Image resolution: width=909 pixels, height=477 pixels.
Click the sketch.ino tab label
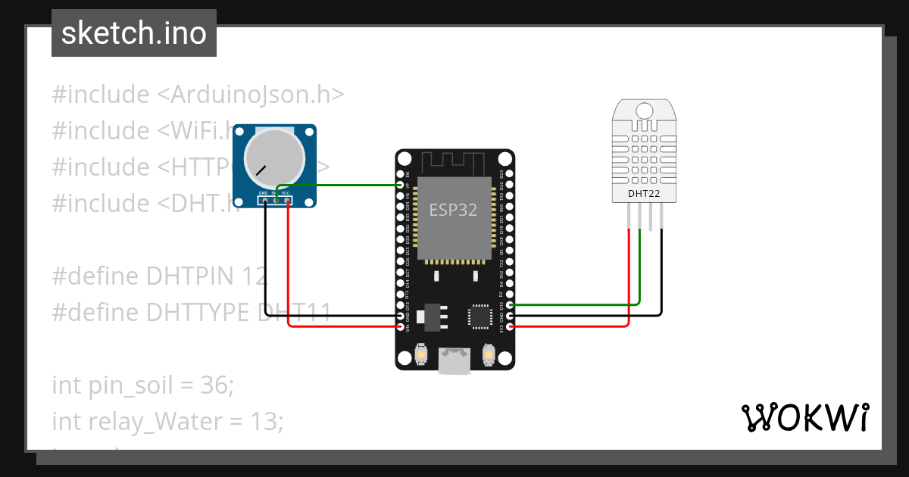[x=134, y=33]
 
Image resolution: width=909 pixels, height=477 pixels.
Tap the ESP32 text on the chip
[x=453, y=210]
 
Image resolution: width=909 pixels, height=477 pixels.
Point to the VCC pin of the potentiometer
[x=286, y=199]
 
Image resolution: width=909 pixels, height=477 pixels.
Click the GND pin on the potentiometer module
[x=264, y=199]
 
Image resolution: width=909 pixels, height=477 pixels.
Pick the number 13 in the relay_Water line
[x=265, y=421]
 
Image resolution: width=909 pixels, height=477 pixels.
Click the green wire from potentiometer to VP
[x=341, y=185]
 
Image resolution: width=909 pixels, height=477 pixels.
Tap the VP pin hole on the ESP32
[x=401, y=185]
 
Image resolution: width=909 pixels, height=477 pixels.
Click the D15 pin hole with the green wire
[x=510, y=304]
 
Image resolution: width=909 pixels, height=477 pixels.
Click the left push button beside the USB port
[x=423, y=354]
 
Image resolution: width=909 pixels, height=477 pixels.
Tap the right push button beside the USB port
[x=489, y=354]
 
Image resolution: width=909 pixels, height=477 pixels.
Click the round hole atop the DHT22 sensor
[x=643, y=111]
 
